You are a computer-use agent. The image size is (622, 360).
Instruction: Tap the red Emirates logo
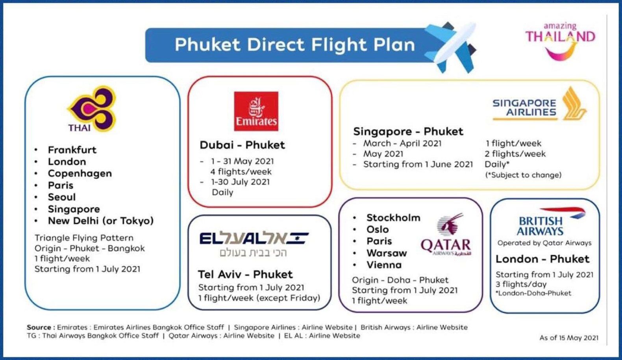[x=256, y=111]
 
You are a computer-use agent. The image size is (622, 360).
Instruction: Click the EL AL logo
[x=254, y=239]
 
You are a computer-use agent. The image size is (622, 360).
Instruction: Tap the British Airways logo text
[x=540, y=226]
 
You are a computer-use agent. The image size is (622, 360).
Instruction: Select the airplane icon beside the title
[x=451, y=47]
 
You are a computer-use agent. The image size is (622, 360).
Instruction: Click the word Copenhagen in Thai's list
[x=80, y=173]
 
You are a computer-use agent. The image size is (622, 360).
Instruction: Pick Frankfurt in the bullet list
[x=72, y=150]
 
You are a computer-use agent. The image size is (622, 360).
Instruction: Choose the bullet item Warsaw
[x=386, y=253]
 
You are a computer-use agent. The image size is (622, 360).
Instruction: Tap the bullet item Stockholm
[x=393, y=217]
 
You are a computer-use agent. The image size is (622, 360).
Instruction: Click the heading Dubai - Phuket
[x=242, y=145]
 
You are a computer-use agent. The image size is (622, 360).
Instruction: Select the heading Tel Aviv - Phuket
[x=245, y=274]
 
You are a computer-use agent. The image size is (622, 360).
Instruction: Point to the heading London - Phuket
[x=542, y=259]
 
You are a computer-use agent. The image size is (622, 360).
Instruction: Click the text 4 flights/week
[x=241, y=171]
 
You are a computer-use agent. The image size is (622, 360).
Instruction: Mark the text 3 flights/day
[x=521, y=284]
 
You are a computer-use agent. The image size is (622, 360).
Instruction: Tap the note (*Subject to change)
[x=523, y=175]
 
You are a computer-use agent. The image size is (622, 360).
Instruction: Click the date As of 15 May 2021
[x=568, y=338]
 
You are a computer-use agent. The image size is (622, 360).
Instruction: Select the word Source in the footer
[x=39, y=327]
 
